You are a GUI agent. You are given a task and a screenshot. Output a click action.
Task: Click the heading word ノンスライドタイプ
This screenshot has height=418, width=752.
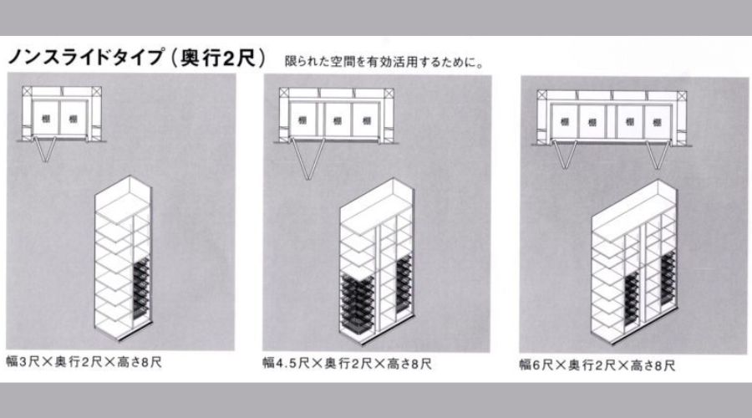point(86,57)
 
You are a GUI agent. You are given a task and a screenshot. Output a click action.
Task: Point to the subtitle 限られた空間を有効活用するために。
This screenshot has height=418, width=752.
point(384,62)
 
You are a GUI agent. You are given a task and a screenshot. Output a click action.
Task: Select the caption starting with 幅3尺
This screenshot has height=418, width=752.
point(84,361)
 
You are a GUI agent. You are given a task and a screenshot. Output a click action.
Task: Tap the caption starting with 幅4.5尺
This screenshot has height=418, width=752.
point(347,364)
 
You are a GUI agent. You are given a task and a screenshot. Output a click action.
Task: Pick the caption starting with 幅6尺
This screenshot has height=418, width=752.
point(597,365)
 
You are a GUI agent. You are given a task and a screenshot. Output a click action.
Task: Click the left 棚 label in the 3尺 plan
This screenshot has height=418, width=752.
point(46,119)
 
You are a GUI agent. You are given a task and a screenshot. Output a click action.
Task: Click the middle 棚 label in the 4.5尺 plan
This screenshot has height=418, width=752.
point(338,120)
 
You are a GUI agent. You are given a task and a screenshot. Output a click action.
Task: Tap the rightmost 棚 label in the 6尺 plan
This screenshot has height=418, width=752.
point(656,122)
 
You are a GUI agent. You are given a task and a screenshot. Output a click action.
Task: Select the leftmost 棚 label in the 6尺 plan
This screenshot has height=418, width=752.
point(565,122)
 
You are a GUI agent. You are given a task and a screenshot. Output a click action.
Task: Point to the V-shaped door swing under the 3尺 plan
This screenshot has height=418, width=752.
point(46,150)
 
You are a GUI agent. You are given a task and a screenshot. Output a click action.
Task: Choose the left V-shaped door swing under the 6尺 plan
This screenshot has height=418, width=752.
point(565,154)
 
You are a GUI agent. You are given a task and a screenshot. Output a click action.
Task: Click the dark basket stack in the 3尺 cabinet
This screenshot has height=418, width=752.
point(141,288)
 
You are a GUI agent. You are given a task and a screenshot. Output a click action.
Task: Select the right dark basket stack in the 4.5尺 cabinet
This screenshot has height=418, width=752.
point(404,284)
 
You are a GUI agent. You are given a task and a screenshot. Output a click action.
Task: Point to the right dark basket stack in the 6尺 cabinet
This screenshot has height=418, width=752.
point(668,278)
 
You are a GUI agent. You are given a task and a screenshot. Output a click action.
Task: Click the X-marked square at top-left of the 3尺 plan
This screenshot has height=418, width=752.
point(27,91)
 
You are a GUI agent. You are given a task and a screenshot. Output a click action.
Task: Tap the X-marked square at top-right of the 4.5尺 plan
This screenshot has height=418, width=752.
point(389,93)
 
